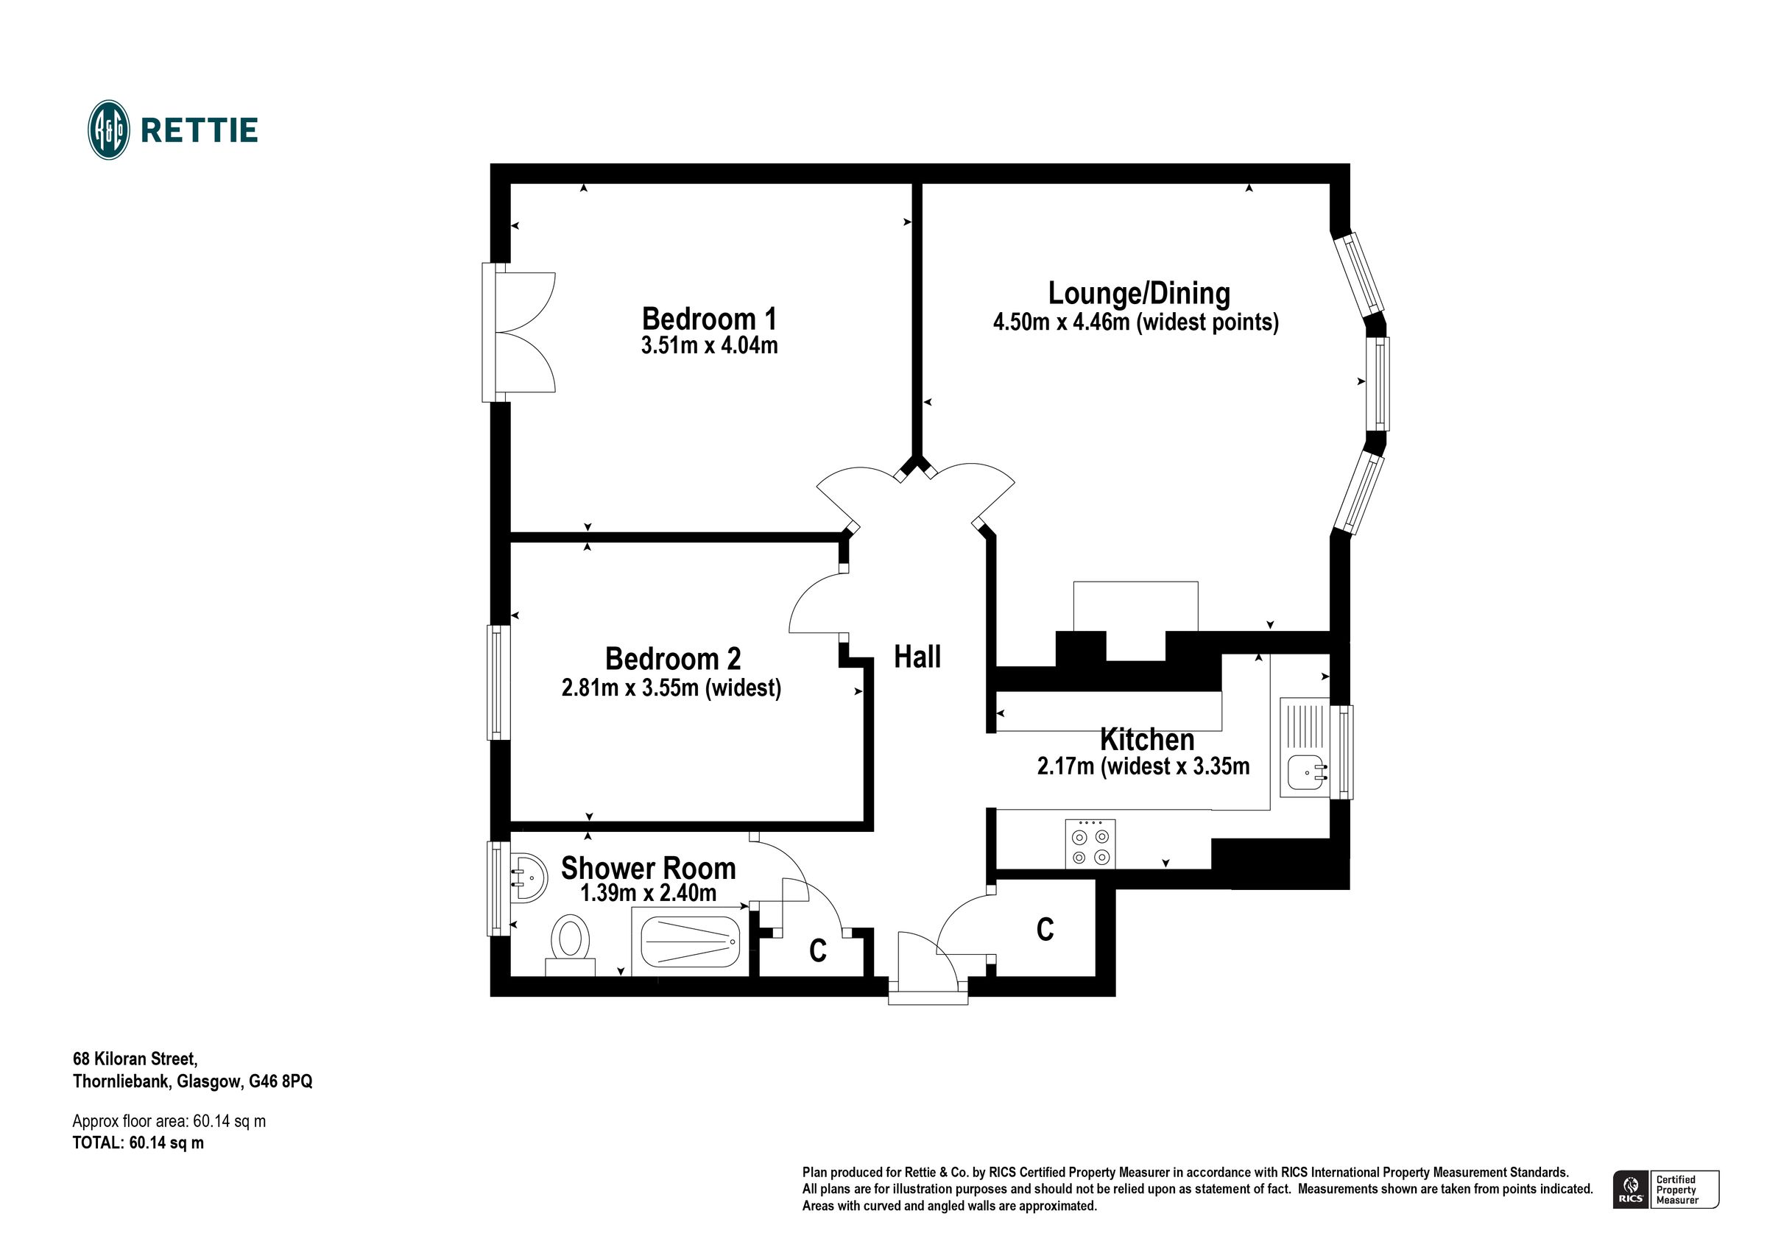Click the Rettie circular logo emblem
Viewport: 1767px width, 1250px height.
tap(108, 130)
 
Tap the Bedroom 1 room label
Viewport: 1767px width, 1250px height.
tap(709, 319)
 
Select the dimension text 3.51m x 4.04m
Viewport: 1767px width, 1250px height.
tap(709, 345)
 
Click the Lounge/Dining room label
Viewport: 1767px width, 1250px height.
tap(1139, 293)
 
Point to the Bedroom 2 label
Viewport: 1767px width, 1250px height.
tap(673, 659)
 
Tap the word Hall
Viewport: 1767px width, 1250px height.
tap(917, 657)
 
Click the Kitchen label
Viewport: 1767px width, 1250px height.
tap(1146, 740)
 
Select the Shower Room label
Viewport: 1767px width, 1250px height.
tap(648, 868)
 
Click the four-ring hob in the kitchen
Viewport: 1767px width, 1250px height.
tap(1090, 844)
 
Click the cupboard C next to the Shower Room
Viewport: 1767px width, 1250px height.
tap(817, 951)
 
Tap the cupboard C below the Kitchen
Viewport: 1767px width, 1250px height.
tap(1044, 929)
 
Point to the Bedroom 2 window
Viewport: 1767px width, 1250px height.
tap(498, 682)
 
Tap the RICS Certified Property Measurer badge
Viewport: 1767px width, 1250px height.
tap(1665, 1189)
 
